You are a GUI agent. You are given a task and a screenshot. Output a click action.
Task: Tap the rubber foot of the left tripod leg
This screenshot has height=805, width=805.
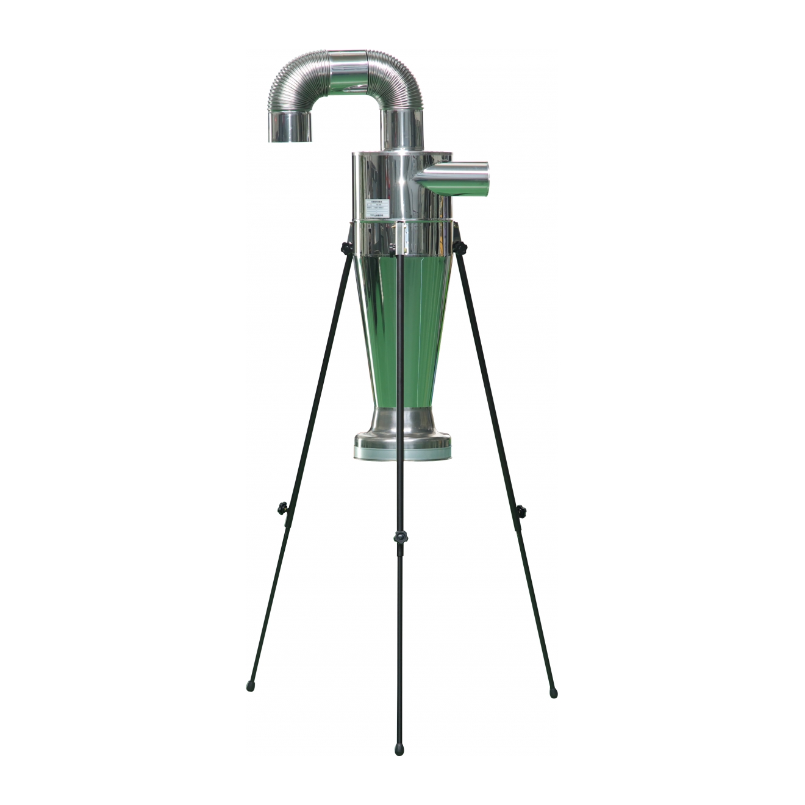click(250, 686)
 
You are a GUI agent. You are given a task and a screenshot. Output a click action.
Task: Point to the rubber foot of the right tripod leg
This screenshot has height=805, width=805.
click(553, 693)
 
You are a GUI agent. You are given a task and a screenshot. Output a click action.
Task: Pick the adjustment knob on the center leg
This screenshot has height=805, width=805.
click(401, 538)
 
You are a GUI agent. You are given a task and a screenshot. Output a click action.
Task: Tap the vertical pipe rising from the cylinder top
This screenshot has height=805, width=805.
click(402, 130)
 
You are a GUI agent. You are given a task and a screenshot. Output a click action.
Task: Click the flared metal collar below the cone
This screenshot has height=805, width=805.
click(402, 427)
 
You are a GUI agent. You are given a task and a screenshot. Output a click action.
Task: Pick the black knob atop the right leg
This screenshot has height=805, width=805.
click(460, 247)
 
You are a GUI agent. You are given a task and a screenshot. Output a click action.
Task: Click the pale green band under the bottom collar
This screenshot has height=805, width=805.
click(402, 454)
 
